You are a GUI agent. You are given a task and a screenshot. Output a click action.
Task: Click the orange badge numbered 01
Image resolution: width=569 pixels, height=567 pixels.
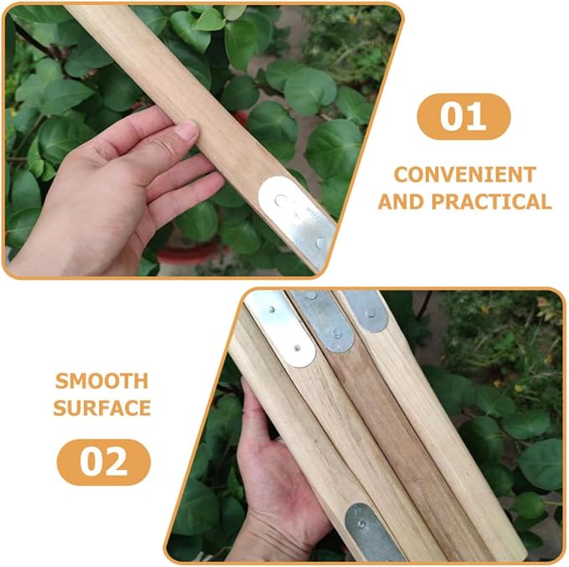pos(463,116)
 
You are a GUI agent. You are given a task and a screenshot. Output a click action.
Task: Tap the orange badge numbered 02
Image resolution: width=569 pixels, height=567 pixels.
pos(104,461)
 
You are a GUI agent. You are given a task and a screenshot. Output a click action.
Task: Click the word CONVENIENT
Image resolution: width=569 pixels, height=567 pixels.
pos(465,174)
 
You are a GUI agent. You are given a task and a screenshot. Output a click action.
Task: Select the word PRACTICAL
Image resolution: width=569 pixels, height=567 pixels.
pos(492,202)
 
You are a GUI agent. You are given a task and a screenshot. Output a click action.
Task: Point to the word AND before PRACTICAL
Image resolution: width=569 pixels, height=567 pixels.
pos(401,202)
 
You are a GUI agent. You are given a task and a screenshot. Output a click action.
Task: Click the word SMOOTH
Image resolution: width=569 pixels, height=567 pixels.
pos(102,381)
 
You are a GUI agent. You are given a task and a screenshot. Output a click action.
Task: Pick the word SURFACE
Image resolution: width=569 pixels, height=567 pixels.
pos(102,408)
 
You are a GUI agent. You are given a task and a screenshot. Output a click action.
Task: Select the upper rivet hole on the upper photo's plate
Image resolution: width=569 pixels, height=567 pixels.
pos(281,200)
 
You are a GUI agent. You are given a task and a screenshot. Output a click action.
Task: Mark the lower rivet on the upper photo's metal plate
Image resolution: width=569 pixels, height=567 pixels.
pos(320,243)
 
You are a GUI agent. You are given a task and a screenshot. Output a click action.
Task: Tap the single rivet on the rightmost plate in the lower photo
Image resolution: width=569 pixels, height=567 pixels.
pos(371,313)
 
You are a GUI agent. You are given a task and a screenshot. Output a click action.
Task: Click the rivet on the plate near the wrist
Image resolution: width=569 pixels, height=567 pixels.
pos(361,524)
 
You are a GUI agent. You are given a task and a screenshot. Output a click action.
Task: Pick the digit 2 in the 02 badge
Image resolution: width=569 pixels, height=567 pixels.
pos(116,461)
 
